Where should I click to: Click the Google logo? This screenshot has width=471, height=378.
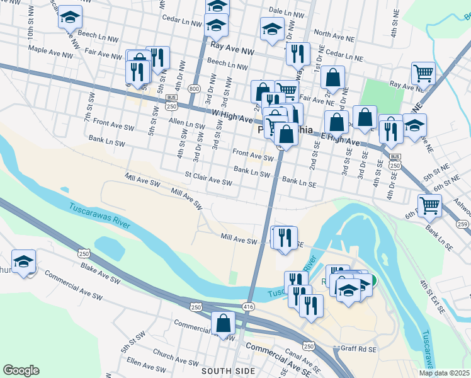point(21,370)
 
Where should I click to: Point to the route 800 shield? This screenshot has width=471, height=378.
point(194,89)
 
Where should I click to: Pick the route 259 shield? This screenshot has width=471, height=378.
point(463,224)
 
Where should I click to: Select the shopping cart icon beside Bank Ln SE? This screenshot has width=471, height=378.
point(429,205)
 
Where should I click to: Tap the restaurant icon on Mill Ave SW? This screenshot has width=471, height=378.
point(284,238)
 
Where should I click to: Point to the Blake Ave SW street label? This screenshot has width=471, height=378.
point(100,272)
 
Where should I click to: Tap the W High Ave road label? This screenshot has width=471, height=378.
point(232,117)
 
